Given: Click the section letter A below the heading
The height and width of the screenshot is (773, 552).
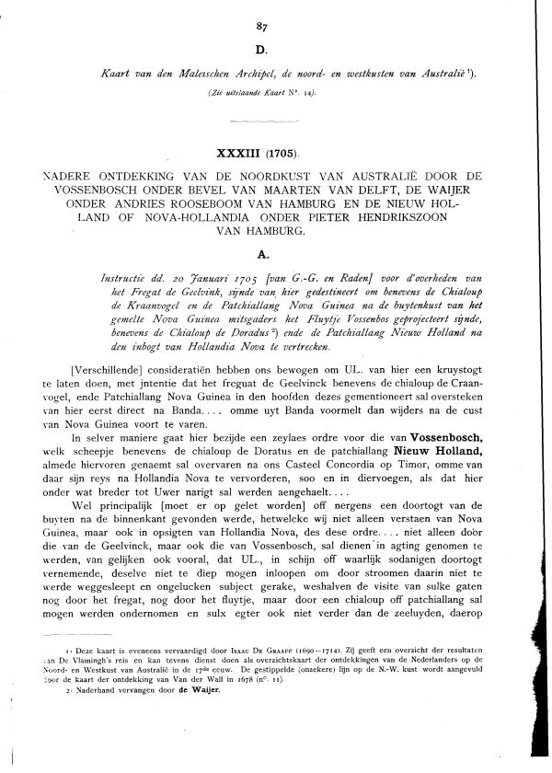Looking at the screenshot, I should click(x=275, y=248).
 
